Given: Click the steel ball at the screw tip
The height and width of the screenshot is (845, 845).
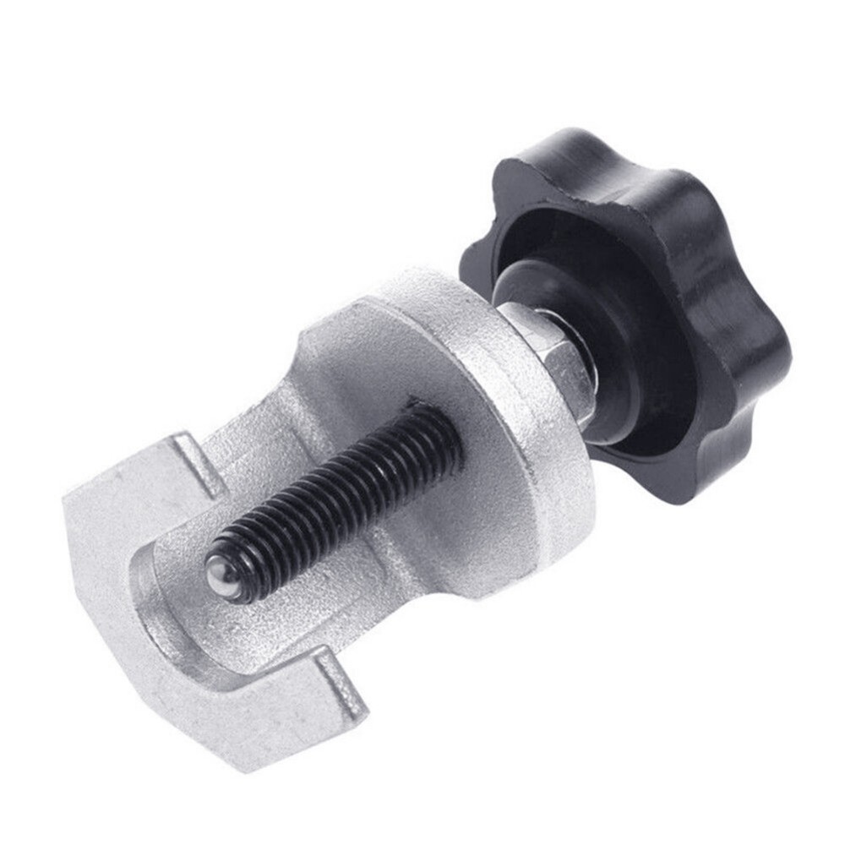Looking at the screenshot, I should tap(221, 576).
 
